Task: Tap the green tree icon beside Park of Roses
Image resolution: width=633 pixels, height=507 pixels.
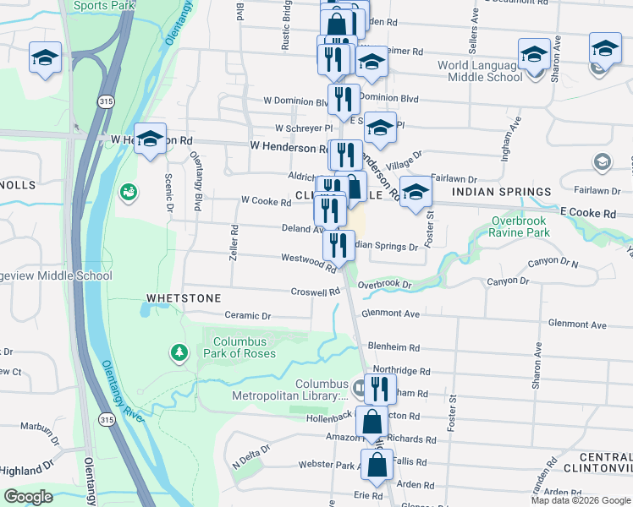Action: point(179,351)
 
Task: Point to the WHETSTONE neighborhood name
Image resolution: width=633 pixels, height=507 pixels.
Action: point(184,298)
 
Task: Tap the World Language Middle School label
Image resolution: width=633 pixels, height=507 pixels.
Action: point(480,71)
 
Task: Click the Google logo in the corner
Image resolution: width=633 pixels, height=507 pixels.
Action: point(28,496)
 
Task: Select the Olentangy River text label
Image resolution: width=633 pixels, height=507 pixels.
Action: point(124,388)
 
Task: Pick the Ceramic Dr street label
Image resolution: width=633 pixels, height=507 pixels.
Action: point(247,316)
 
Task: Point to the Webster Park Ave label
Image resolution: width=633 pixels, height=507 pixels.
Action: point(331,465)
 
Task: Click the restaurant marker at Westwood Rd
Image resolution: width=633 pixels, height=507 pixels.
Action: point(337,246)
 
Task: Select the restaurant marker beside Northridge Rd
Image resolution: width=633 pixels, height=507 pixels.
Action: point(380,389)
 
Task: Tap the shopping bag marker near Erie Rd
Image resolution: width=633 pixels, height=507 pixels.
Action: point(377,464)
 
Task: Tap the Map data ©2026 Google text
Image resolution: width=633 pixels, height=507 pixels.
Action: point(581,500)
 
